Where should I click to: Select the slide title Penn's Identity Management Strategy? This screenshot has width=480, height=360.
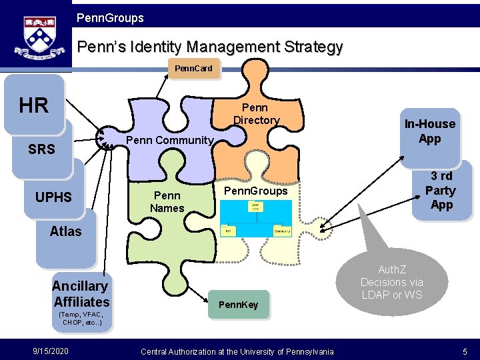[x=210, y=47]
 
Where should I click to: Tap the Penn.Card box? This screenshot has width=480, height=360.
[x=193, y=69]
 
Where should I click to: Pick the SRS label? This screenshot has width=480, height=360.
[x=41, y=149]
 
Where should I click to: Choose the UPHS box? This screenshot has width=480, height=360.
[x=53, y=197]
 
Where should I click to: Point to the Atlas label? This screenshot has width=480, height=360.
[x=65, y=231]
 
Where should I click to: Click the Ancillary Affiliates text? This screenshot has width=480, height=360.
[x=81, y=294]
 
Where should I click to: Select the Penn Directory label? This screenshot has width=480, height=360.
[x=255, y=114]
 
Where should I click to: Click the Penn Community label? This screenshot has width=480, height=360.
[x=169, y=141]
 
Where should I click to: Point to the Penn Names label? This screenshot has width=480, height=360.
[x=167, y=202]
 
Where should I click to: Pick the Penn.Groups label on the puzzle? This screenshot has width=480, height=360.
[x=255, y=191]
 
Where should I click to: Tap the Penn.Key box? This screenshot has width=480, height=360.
[x=239, y=305]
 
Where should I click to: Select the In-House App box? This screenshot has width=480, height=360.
[x=430, y=131]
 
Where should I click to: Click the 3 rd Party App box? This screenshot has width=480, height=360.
[x=441, y=191]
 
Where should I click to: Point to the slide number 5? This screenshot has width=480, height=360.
[x=464, y=351]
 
